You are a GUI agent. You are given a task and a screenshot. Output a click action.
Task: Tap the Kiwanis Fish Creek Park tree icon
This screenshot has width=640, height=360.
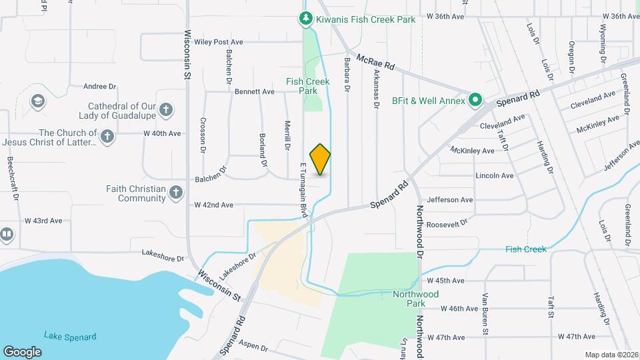click(306, 19)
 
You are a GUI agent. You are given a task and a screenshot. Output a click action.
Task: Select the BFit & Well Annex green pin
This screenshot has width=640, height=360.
click(475, 101)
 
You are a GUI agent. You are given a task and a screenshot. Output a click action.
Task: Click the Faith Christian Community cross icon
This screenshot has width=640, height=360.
click(176, 193)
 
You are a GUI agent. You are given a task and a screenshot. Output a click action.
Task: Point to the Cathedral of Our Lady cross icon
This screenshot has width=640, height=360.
click(166, 109)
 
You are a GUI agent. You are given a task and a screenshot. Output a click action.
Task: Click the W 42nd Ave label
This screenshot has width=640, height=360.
click(213, 205)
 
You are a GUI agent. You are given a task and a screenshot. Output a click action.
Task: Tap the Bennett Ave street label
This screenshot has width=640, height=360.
click(254, 91)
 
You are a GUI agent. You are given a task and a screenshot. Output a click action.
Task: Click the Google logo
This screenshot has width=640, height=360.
click(22, 352)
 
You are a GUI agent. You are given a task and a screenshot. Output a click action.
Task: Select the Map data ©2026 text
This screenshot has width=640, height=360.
click(611, 355)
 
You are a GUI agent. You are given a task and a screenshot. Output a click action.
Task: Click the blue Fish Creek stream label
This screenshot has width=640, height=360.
click(525, 249)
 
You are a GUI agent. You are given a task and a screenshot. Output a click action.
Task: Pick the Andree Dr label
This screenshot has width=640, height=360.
click(100, 86)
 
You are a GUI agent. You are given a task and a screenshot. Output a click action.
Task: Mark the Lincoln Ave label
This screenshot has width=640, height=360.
click(494, 176)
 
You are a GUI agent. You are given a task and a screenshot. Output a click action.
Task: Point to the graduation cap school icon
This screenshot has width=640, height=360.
click(38, 101)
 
